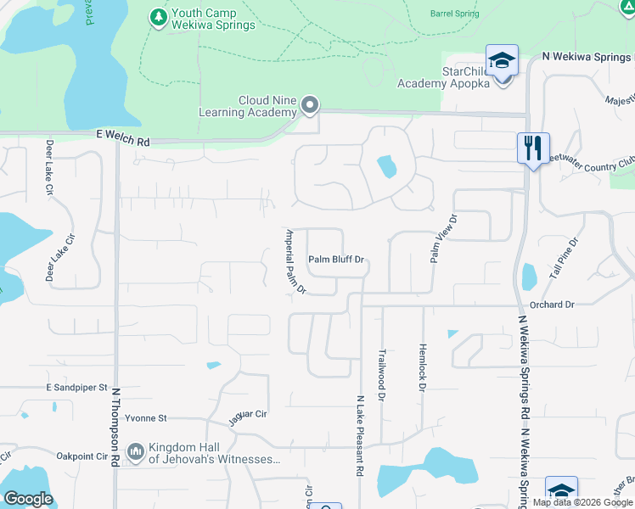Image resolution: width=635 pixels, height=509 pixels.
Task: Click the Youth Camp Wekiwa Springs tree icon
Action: (158, 18)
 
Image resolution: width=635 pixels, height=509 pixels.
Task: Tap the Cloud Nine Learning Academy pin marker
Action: (310, 106)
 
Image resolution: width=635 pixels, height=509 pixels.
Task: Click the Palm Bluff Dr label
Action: (336, 260)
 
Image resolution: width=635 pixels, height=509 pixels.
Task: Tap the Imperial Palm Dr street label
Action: (295, 261)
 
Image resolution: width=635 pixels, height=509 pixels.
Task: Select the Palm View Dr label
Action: (443, 238)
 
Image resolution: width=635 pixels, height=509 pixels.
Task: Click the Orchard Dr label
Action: (552, 304)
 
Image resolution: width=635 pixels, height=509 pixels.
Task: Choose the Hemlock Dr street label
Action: (422, 367)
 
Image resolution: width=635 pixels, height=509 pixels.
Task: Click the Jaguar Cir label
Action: (248, 417)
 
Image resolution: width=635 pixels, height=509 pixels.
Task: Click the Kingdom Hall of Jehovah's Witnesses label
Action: (214, 454)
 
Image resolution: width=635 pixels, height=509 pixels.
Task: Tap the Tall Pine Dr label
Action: (563, 259)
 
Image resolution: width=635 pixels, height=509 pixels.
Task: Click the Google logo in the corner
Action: (27, 499)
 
